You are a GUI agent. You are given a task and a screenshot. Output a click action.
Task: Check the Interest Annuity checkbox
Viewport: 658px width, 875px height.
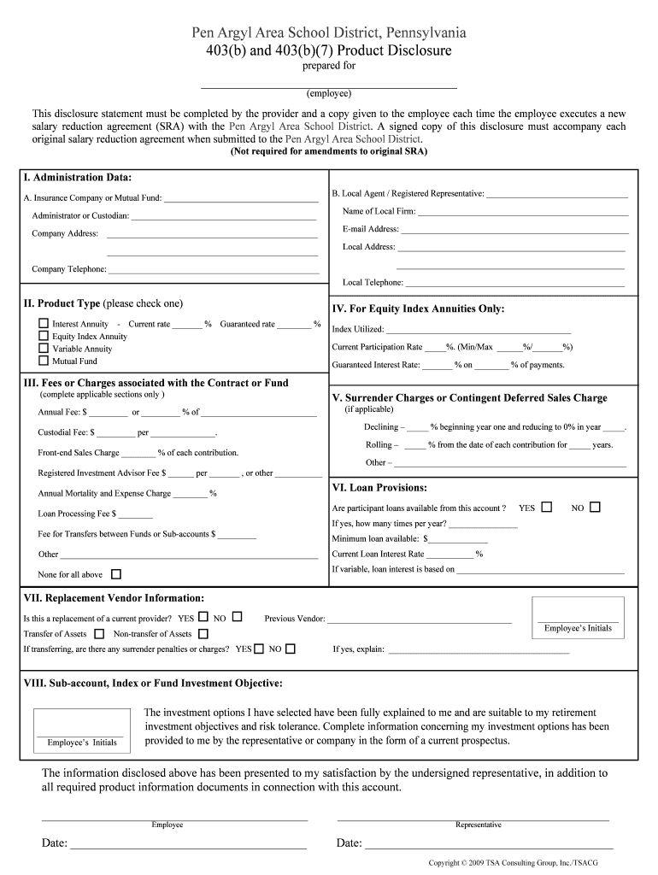coord(44,324)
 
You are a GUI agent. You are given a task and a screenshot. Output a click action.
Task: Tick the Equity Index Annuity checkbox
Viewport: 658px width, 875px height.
coord(44,336)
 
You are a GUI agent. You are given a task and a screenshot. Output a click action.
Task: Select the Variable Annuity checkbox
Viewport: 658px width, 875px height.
coord(44,349)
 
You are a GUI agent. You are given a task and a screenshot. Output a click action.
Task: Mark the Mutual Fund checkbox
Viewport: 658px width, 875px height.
coord(44,361)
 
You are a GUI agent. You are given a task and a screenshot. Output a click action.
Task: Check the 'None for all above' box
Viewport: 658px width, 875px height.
coord(116,574)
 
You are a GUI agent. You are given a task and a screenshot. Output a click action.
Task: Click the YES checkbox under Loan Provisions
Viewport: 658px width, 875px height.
coord(547,507)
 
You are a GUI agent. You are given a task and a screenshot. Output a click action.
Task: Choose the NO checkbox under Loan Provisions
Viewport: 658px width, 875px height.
coord(596,507)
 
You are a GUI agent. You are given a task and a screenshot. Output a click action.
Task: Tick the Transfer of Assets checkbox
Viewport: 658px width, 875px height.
coord(99,634)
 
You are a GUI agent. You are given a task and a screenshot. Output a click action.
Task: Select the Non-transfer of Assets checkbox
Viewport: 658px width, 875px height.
coord(203,634)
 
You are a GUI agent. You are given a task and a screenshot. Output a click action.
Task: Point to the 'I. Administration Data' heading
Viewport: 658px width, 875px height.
coord(78,178)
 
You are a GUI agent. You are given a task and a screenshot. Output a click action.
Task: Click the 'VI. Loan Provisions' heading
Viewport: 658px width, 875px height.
coord(379,488)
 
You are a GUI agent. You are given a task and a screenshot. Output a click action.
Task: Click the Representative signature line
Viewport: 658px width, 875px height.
coord(473,819)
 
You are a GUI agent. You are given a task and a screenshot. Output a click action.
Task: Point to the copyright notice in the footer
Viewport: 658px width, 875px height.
coord(514,863)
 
